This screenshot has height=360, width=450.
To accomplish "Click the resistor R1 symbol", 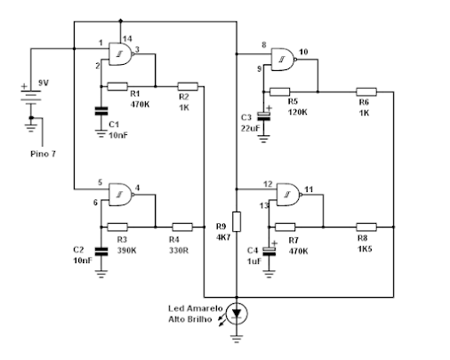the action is [x=117, y=86].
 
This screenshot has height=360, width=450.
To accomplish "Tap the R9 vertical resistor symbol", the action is [x=237, y=221].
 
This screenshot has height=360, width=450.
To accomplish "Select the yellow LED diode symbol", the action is [x=237, y=314].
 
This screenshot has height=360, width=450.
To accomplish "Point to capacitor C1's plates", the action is [x=101, y=111].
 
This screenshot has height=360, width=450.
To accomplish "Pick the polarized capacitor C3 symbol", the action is [x=263, y=116].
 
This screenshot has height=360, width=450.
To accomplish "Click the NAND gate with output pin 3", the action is [x=120, y=54].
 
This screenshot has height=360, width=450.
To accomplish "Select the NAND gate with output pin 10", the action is [x=284, y=60].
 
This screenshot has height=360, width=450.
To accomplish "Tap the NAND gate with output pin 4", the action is [x=121, y=195].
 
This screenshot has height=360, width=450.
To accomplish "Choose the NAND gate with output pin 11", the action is [x=289, y=195].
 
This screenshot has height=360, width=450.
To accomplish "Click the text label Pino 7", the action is [x=43, y=154].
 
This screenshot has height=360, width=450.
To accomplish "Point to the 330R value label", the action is [x=179, y=251].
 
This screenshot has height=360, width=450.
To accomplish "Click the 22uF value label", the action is [x=251, y=129].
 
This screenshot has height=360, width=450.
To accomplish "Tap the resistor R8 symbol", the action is [x=366, y=228].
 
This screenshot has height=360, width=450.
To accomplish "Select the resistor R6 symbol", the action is [x=366, y=92].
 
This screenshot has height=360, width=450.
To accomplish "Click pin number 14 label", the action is [x=127, y=39].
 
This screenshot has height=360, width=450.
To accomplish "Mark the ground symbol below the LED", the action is [x=237, y=339].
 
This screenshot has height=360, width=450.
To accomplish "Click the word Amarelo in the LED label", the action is [x=205, y=308].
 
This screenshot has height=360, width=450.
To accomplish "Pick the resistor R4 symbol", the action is [x=182, y=228].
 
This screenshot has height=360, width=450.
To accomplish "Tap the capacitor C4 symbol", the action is [x=269, y=251].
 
